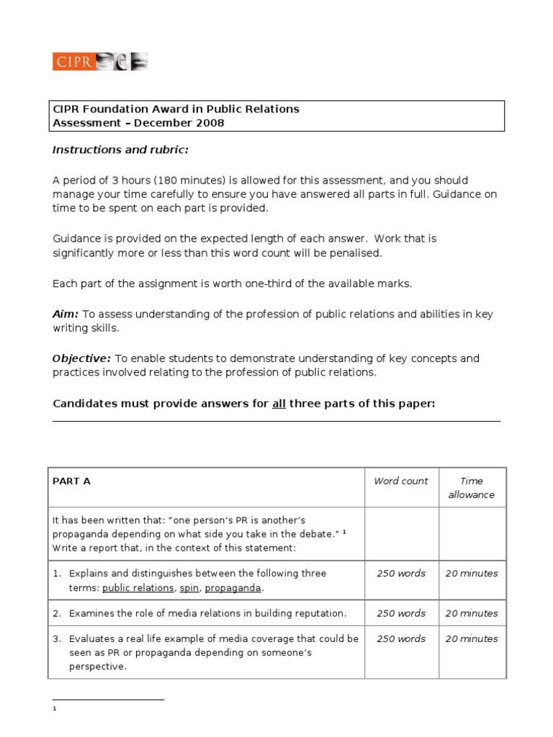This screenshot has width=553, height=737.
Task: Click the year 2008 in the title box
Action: pos(208,122)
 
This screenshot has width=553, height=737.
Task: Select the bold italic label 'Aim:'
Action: pos(66,314)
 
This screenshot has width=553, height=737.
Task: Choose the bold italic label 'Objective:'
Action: pos(81,358)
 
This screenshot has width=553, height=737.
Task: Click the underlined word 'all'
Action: pos(279,403)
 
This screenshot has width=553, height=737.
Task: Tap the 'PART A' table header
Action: pos(71,481)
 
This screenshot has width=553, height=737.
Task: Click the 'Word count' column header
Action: pos(400,481)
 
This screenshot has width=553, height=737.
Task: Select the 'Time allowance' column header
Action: pos(472,488)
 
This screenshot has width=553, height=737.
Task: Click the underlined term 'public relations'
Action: pos(138,588)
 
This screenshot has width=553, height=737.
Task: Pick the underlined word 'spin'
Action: pos(189,588)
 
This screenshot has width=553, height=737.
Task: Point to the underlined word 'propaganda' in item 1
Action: pos(233,588)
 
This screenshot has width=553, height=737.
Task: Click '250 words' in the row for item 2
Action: pos(400,613)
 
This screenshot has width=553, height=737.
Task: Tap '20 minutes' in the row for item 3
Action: pos(472,638)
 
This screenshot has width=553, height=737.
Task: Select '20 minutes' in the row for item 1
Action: pos(472,574)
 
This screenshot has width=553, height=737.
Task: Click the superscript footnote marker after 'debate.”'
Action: pos(344,531)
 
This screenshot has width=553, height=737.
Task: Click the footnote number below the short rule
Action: pos(55,709)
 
